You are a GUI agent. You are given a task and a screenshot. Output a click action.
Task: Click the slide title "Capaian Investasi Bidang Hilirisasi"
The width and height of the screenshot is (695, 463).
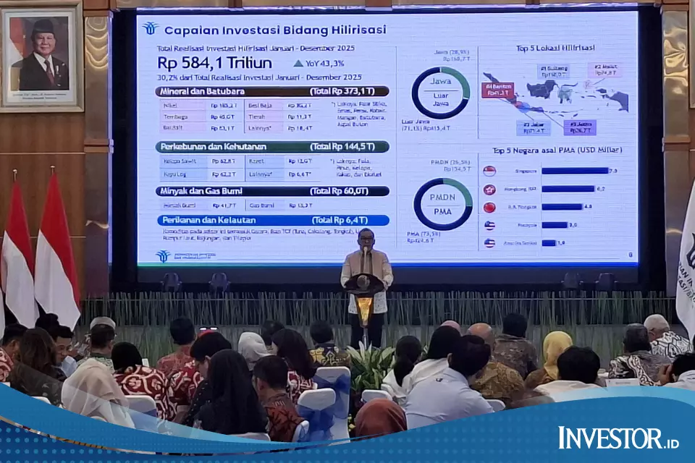click(274, 30)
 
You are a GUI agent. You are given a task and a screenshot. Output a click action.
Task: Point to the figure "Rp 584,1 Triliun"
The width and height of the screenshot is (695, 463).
click(214, 63)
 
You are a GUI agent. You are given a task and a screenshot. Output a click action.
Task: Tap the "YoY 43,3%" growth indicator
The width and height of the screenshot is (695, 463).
click(319, 63)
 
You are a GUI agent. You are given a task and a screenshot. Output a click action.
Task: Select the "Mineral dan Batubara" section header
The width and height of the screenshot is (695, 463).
click(271, 91)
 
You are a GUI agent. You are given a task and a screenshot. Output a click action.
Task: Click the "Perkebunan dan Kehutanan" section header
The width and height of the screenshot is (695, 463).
click(271, 147)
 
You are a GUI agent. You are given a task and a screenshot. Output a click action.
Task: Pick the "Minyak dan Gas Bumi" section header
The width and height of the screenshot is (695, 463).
click(271, 191)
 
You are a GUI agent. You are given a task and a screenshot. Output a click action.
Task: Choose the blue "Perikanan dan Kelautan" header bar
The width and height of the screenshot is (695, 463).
click(271, 220)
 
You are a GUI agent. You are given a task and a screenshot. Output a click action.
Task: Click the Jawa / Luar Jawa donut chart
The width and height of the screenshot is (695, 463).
click(441, 93)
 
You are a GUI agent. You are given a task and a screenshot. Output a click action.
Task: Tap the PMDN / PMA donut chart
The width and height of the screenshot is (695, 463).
click(442, 204)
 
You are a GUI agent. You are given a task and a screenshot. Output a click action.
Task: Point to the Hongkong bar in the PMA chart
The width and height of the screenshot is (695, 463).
click(568, 189)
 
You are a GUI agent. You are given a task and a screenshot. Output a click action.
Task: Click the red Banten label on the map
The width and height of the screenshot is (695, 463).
click(497, 90)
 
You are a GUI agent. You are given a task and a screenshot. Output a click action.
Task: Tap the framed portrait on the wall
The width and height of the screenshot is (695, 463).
click(41, 56)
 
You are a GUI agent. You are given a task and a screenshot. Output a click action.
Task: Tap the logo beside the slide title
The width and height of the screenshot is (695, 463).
click(151, 29)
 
